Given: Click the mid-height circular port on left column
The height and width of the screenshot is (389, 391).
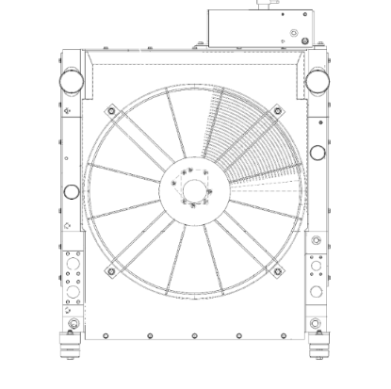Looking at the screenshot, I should (71, 193).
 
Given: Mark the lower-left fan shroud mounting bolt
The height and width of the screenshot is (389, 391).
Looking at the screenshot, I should (110, 272).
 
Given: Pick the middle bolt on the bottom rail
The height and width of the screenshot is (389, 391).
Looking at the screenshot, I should (193, 335).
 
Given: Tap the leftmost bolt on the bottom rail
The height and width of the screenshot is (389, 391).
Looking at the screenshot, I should (82, 335).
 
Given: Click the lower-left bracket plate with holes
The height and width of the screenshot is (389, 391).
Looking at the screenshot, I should (70, 278).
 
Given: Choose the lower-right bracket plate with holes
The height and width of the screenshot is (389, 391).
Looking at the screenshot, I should (316, 278).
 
